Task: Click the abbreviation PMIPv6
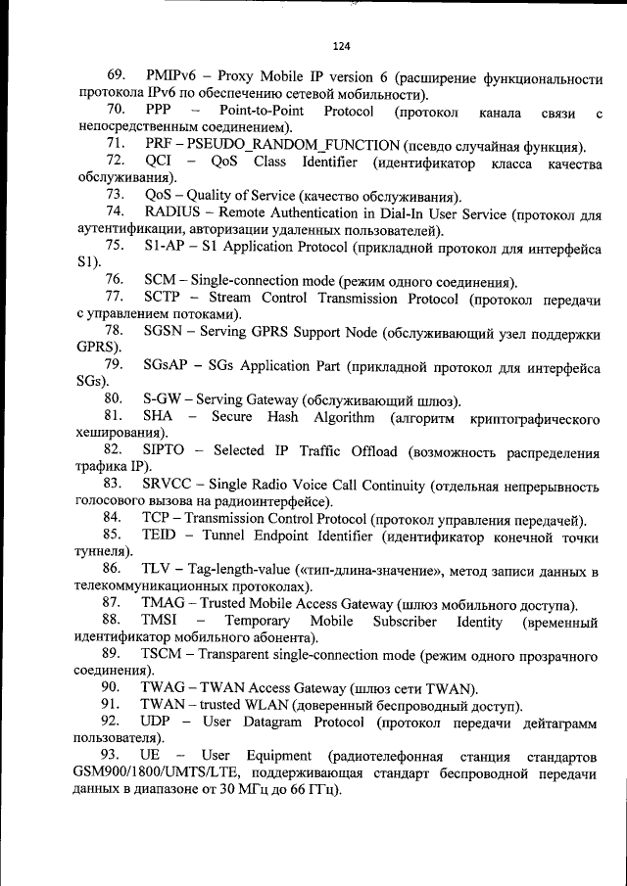point(172,77)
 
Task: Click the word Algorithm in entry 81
point(343,418)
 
